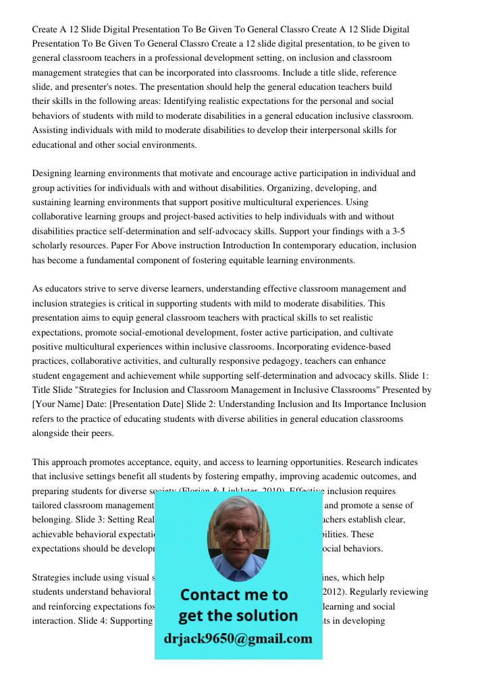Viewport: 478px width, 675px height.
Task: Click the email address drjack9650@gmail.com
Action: click(x=238, y=639)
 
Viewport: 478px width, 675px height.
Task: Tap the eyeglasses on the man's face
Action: click(x=238, y=530)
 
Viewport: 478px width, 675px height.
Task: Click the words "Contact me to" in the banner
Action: click(x=234, y=595)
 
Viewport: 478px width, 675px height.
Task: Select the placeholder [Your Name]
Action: click(x=57, y=404)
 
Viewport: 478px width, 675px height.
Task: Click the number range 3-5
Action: click(x=398, y=231)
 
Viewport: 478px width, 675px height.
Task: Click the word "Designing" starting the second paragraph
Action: click(x=52, y=173)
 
